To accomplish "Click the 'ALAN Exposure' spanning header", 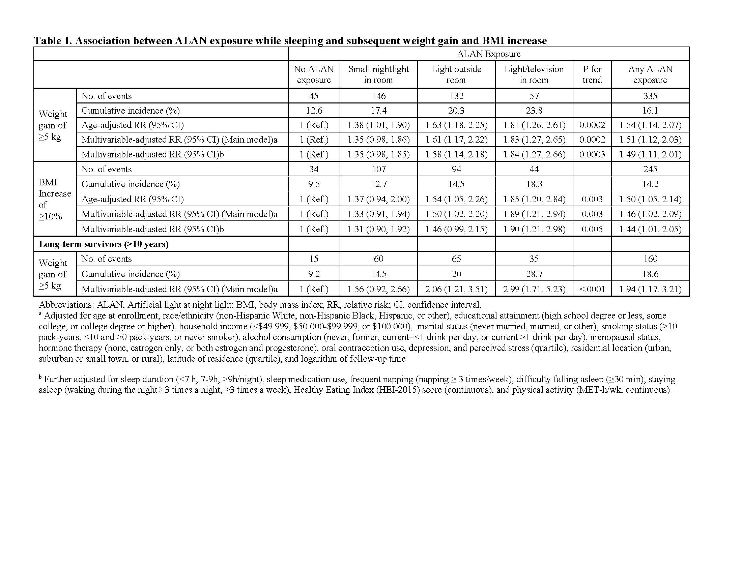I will pyautogui.click(x=488, y=54).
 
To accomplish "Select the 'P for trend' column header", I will pyautogui.click(x=592, y=74).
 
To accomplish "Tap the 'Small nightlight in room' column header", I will pyautogui.click(x=378, y=74).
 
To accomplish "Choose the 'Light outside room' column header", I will pyautogui.click(x=456, y=74).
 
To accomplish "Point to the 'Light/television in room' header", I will pyautogui.click(x=534, y=74).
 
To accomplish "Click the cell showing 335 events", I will pyautogui.click(x=650, y=96).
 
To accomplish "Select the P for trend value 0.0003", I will pyautogui.click(x=592, y=154).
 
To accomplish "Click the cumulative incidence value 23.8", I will pyautogui.click(x=534, y=111).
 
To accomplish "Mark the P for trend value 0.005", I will pyautogui.click(x=592, y=229).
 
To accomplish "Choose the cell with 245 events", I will pyautogui.click(x=650, y=169).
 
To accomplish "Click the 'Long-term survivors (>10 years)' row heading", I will pyautogui.click(x=104, y=244).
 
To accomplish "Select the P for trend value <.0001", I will pyautogui.click(x=592, y=289).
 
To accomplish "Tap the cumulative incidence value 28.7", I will pyautogui.click(x=534, y=274).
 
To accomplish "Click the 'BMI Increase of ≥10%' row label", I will pyautogui.click(x=54, y=199).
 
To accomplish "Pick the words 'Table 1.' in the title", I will pyautogui.click(x=53, y=41).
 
